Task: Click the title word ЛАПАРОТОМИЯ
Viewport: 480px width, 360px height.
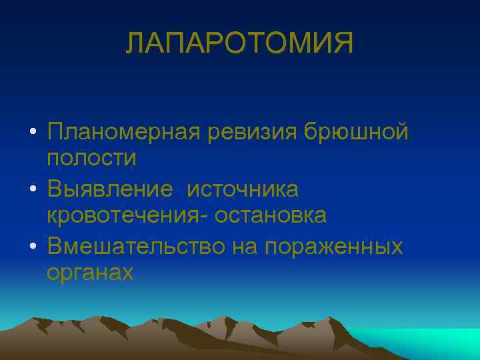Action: pyautogui.click(x=240, y=44)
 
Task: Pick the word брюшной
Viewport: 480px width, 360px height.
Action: pyautogui.click(x=357, y=132)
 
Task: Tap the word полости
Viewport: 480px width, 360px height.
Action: pyautogui.click(x=91, y=159)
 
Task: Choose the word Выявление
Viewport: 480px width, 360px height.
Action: pyautogui.click(x=110, y=189)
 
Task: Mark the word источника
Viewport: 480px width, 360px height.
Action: pyautogui.click(x=243, y=189)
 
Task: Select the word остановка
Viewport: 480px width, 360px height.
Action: pyautogui.click(x=269, y=216)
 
